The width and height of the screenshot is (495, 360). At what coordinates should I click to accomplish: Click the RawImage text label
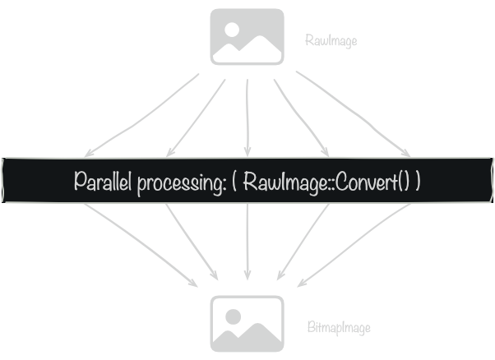point(331,39)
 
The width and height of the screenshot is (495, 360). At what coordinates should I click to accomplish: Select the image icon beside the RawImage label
point(247,36)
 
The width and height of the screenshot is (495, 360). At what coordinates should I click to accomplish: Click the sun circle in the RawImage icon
point(233,28)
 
